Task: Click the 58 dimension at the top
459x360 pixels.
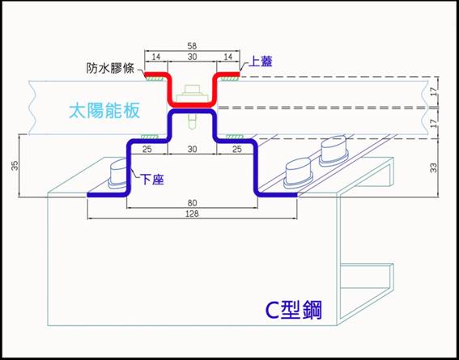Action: [192, 46]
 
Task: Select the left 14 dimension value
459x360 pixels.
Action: [156, 57]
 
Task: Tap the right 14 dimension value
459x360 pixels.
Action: [228, 57]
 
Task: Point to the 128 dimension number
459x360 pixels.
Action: [192, 214]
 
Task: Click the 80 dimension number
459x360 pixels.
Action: [192, 203]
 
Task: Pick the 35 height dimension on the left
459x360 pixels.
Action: [15, 166]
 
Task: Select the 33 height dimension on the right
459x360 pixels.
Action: [434, 167]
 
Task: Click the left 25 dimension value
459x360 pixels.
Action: [147, 149]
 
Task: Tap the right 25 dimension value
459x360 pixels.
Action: [237, 149]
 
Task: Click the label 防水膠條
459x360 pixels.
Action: [110, 69]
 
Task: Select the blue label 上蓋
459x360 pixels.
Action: [260, 61]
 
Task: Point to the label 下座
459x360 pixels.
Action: [151, 180]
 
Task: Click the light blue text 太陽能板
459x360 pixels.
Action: [104, 112]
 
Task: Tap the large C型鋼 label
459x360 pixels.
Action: [293, 311]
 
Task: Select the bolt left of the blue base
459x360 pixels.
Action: [118, 173]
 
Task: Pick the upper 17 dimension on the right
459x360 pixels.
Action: [434, 91]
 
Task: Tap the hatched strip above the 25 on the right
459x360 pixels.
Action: [235, 136]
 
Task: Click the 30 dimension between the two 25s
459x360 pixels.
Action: [192, 149]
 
